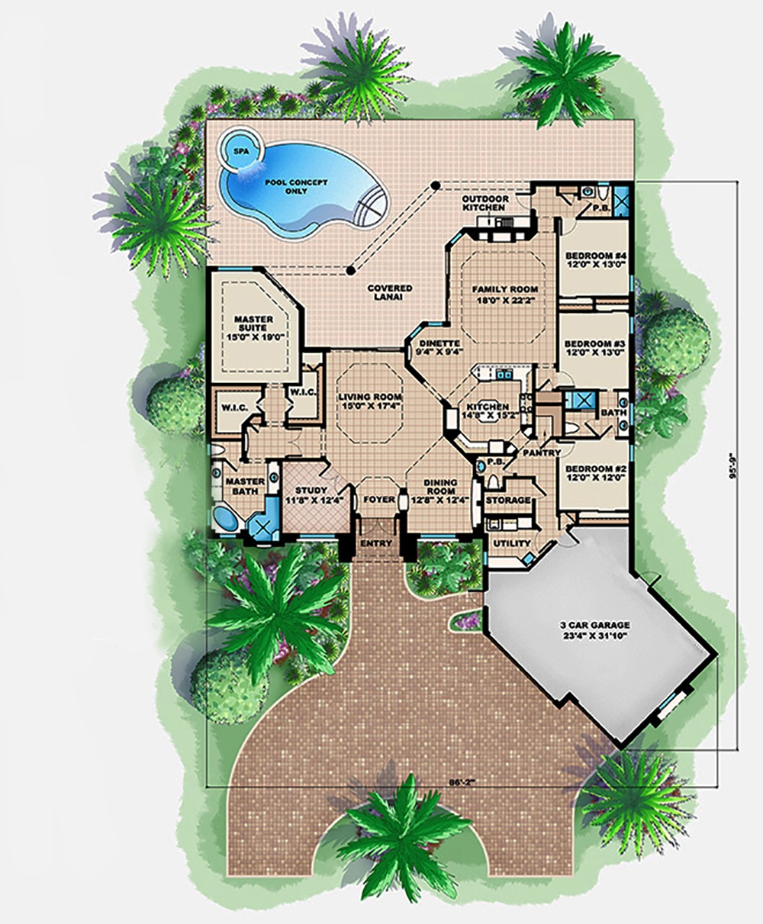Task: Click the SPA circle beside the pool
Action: (x=237, y=150)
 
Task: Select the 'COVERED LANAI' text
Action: (x=390, y=293)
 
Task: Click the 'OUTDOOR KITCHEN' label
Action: (x=484, y=203)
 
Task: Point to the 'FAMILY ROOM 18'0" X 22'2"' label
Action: (x=504, y=295)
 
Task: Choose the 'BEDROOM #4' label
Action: (x=594, y=260)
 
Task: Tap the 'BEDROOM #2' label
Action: (x=594, y=472)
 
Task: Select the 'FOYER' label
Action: (x=379, y=500)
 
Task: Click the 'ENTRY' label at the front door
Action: (x=379, y=543)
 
